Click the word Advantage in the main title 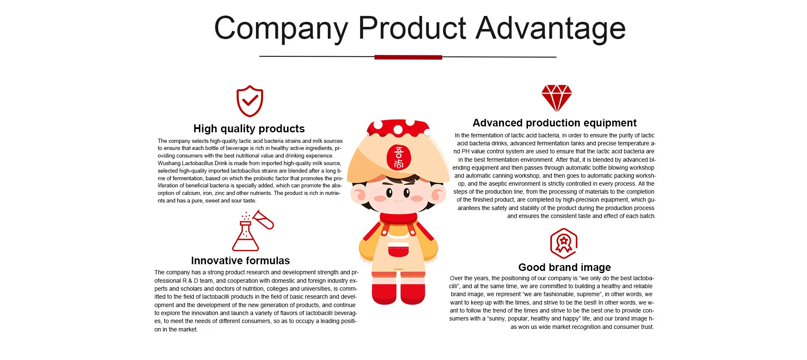(x=551, y=29)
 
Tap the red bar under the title (x=408, y=57)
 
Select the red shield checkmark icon (x=250, y=101)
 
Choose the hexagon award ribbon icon (x=564, y=243)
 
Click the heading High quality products (x=249, y=129)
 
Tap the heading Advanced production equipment (x=554, y=123)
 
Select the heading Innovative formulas (x=240, y=260)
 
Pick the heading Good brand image (x=564, y=267)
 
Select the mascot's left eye (x=389, y=193)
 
